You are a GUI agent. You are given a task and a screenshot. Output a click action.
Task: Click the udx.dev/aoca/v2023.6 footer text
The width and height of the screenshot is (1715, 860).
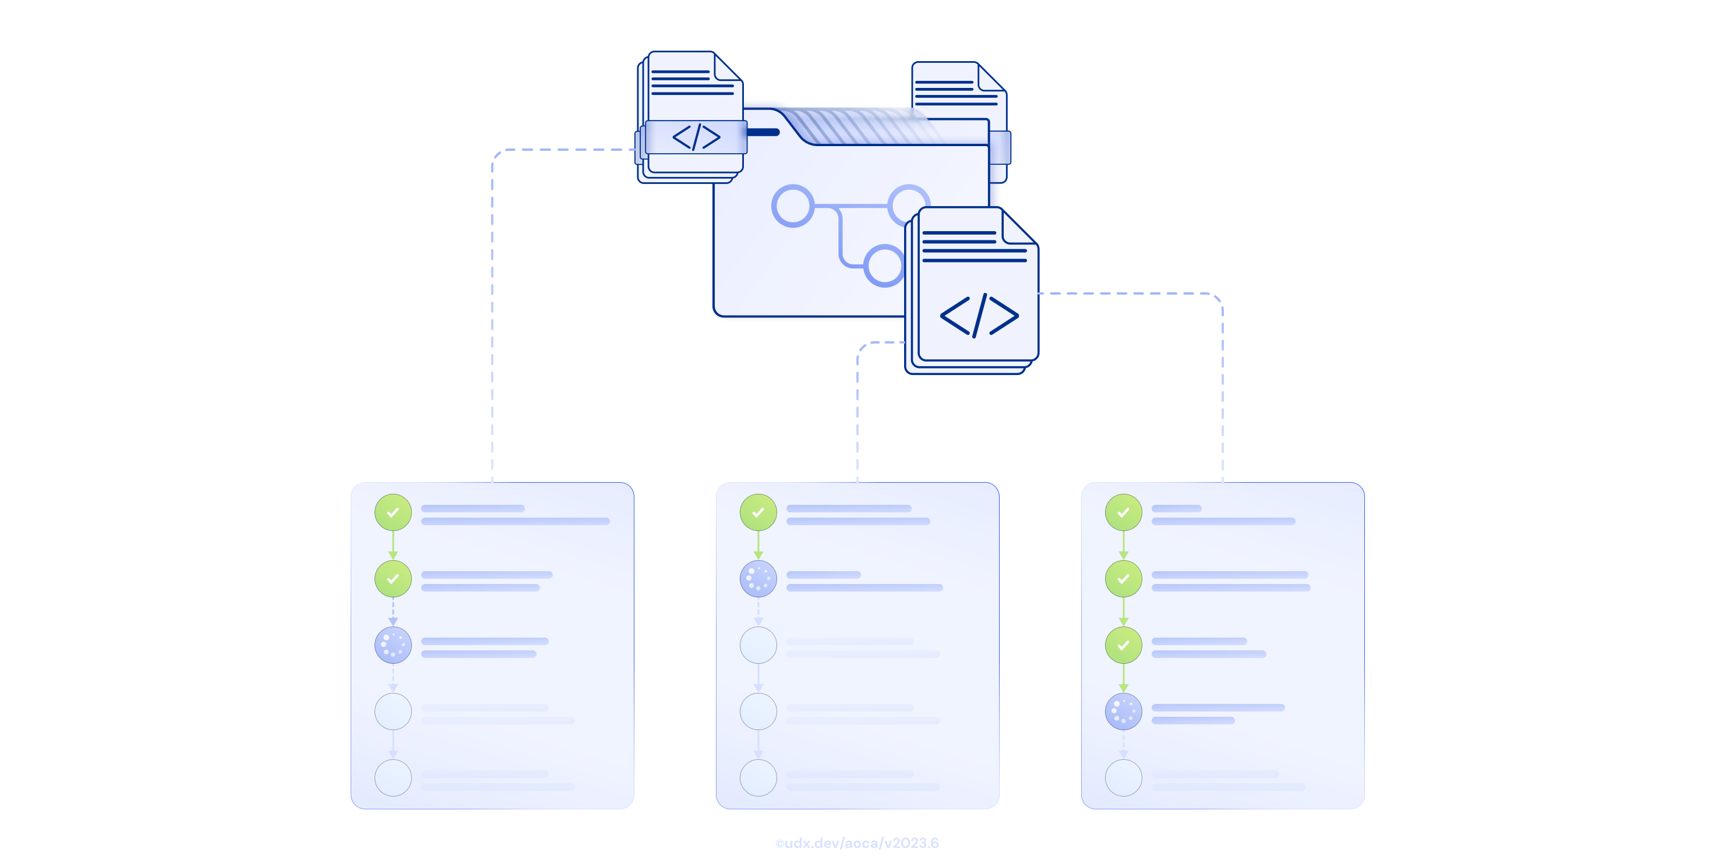tap(857, 843)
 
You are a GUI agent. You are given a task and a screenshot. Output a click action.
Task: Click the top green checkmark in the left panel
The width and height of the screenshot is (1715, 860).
tap(393, 512)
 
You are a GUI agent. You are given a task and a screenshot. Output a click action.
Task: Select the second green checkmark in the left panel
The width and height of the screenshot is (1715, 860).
tap(393, 578)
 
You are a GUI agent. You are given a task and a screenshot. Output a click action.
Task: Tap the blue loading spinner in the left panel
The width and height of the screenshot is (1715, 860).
tap(393, 645)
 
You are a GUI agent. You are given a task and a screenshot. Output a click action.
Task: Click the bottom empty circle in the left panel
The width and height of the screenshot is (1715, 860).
tap(393, 777)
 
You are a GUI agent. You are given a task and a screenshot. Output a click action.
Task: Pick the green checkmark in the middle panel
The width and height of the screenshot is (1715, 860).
tap(758, 512)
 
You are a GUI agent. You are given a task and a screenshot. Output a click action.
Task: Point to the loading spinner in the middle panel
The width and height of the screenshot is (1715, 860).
tap(758, 578)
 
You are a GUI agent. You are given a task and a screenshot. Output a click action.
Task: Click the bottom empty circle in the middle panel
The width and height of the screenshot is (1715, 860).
tap(758, 777)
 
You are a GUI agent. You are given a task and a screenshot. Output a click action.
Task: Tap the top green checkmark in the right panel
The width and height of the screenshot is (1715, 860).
tap(1124, 512)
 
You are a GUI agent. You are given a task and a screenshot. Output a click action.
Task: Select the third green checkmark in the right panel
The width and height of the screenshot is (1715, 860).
tap(1124, 645)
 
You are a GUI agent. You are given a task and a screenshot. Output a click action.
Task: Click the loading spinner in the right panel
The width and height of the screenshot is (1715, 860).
tap(1124, 711)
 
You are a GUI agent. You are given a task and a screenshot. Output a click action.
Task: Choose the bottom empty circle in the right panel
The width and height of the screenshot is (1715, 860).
tap(1124, 777)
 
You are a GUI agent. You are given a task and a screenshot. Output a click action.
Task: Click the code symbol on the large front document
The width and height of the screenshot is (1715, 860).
tap(979, 315)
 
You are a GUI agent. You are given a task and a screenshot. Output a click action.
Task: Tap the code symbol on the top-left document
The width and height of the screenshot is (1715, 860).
tap(696, 137)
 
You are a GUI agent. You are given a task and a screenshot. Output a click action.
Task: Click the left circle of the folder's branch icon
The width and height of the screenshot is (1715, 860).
tap(792, 206)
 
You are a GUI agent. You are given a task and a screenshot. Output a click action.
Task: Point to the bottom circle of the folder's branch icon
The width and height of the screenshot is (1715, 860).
tap(884, 265)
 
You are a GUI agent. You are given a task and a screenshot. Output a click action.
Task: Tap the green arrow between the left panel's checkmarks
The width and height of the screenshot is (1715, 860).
tap(393, 546)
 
